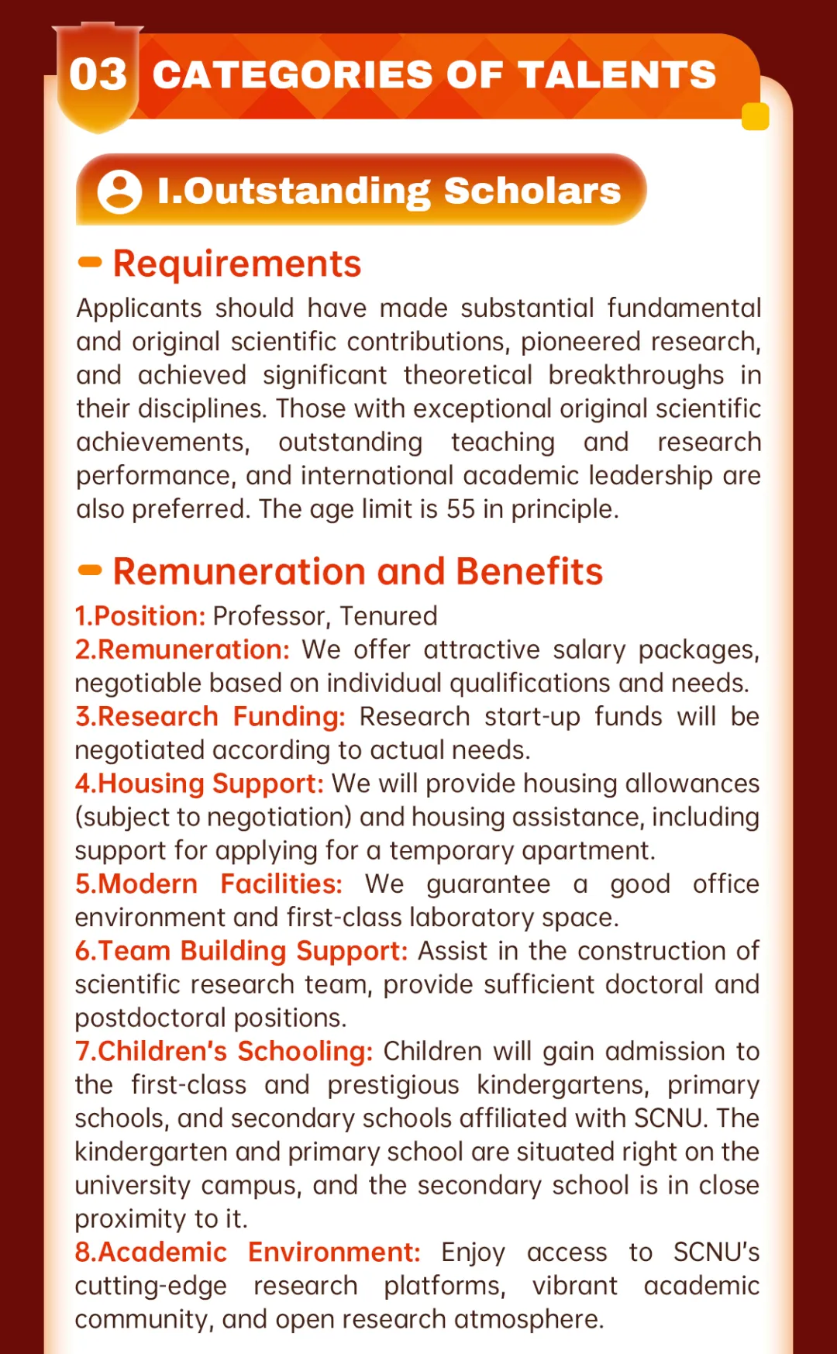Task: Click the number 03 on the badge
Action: [98, 75]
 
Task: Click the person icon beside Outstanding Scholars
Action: [119, 191]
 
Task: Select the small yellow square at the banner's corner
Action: [755, 116]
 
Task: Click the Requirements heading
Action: [237, 264]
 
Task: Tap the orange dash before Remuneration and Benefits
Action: [91, 571]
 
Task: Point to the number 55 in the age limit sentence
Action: [460, 509]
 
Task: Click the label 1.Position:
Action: [140, 616]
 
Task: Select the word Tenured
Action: [388, 616]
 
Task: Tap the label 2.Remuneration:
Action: [182, 649]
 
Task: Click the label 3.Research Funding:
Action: [210, 717]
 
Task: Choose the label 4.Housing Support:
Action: [199, 784]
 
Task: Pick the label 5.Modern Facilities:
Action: [208, 884]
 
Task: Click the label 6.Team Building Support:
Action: [241, 951]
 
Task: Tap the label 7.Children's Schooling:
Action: [224, 1052]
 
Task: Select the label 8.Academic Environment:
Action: [247, 1252]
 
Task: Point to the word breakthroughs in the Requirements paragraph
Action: [636, 375]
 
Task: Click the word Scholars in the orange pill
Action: [532, 191]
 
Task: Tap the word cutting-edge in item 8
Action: [151, 1287]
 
